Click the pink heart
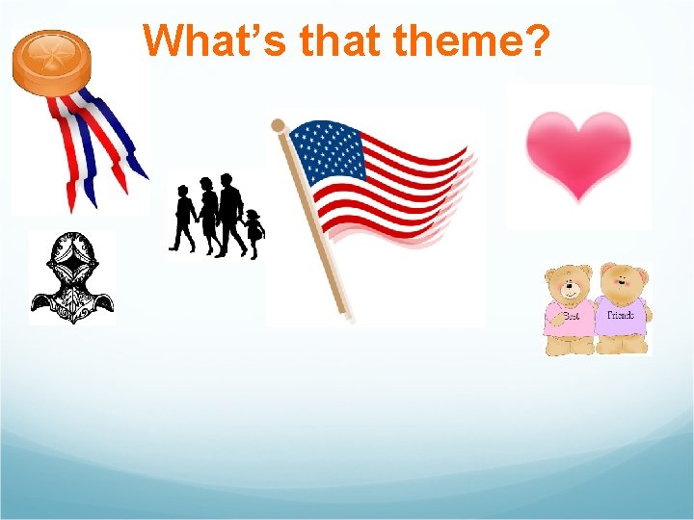(x=578, y=154)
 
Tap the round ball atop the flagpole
(x=279, y=125)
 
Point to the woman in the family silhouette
(x=207, y=218)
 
